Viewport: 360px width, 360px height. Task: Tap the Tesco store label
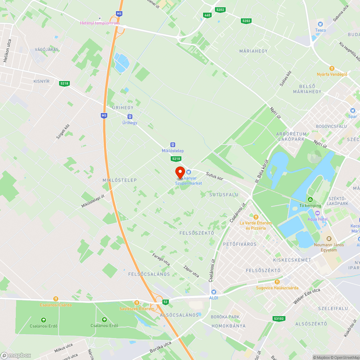[x=320, y=30]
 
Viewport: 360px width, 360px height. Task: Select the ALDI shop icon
[x=214, y=292]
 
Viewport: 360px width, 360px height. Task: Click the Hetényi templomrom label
[x=100, y=23]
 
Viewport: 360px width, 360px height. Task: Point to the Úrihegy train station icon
[x=130, y=117]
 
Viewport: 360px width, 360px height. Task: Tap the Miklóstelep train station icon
[x=173, y=144]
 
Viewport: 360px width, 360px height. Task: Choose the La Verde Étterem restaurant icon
[x=256, y=217]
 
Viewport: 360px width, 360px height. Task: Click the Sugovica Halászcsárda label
[x=277, y=288]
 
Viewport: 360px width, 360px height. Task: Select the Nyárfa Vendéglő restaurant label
[x=332, y=74]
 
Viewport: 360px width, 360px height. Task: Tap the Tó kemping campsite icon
[x=310, y=199]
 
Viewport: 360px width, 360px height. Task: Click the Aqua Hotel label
[x=317, y=219]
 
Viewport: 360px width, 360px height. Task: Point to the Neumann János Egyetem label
[x=329, y=247]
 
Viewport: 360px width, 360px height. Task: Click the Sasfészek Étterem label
[x=137, y=309]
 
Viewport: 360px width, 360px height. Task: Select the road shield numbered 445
[x=207, y=15]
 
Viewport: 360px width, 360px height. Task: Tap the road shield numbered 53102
[x=279, y=319]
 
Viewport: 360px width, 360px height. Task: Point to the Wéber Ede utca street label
[x=306, y=291]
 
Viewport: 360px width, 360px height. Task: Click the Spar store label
[x=352, y=116]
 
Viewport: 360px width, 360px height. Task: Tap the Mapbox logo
[x=16, y=355]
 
